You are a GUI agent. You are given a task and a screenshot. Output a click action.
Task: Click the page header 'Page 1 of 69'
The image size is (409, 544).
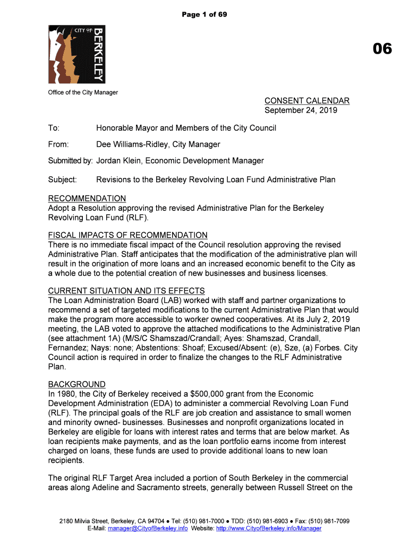coord(204,14)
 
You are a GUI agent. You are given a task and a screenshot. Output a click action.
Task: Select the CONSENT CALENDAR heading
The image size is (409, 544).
coord(307,101)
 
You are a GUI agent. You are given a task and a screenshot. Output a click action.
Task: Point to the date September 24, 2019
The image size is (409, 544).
coord(301,110)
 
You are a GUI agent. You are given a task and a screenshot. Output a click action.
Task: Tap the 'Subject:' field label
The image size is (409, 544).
coord(63,180)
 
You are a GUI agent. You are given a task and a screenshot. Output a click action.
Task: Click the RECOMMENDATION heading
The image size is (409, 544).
coord(87,199)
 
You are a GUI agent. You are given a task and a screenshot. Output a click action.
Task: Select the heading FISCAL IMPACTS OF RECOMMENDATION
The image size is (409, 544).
coord(127,235)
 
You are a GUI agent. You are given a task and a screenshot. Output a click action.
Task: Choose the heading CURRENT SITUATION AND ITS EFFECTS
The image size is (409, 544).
coord(126,291)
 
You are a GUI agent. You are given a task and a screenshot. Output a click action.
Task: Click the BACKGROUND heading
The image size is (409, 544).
coord(76,385)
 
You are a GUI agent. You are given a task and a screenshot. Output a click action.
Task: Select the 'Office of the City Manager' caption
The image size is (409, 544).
coord(83,92)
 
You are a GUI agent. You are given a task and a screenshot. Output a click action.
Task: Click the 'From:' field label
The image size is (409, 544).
coord(59,144)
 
